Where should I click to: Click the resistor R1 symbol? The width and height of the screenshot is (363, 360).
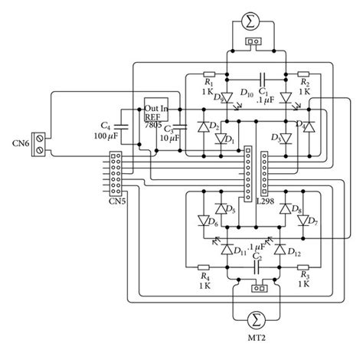208,76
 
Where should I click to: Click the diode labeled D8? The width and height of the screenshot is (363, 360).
286,208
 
